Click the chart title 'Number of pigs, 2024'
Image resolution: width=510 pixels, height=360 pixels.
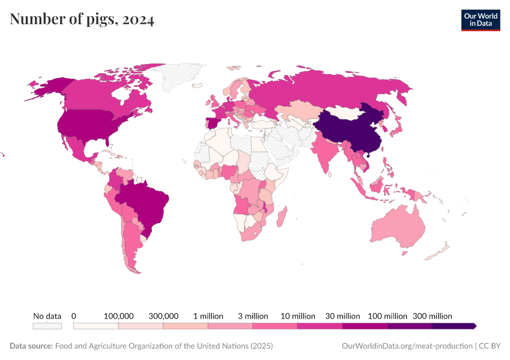click(x=82, y=20)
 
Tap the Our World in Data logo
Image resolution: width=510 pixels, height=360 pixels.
click(x=480, y=20)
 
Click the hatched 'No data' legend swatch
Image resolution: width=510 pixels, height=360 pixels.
click(x=47, y=326)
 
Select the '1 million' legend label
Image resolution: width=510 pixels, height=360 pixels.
click(x=208, y=316)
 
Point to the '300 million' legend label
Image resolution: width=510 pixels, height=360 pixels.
click(x=432, y=316)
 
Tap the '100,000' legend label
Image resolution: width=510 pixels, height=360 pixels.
click(x=118, y=316)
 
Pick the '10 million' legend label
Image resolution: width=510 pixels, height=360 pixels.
click(x=298, y=316)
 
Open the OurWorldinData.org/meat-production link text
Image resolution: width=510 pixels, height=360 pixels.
click(x=406, y=346)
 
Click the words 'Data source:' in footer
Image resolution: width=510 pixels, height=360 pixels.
click(x=31, y=346)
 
